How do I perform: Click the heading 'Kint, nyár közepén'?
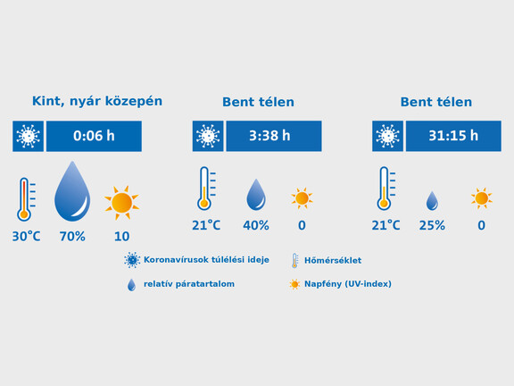point(97,102)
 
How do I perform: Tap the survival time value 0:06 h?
point(94,136)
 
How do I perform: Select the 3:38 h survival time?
point(269,136)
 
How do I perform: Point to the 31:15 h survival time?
point(453,136)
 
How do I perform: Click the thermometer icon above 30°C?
point(26,199)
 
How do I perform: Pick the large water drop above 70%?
point(72,191)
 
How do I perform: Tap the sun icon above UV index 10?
point(122,203)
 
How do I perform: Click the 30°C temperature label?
point(26,236)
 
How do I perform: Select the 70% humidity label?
point(72,236)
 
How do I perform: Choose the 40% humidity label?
point(256,225)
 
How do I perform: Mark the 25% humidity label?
point(432,225)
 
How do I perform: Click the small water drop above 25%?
point(432,201)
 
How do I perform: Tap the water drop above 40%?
point(256,195)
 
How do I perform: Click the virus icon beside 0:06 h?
point(28,136)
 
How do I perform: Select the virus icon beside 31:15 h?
point(387,136)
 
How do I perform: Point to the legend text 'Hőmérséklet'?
point(333,261)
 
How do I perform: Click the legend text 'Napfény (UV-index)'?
point(348,284)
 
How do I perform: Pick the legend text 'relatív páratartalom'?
point(189,284)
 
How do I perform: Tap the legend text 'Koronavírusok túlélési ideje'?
point(206,260)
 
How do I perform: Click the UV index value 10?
point(122,236)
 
